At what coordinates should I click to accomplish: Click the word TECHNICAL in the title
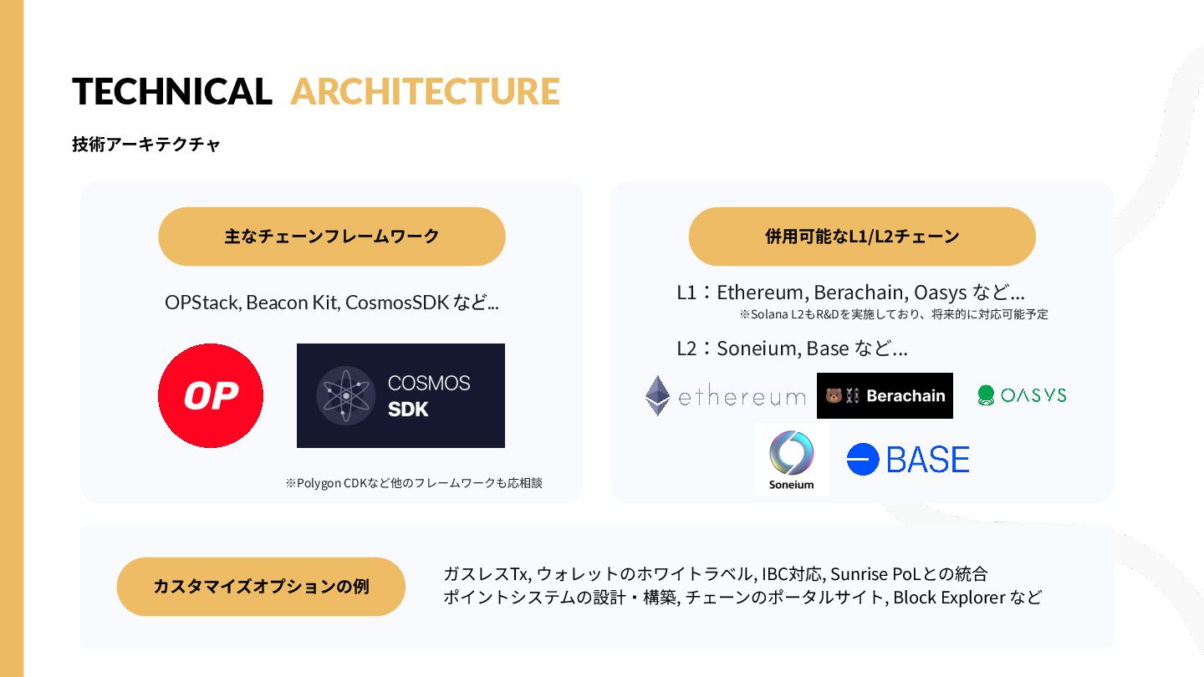click(x=172, y=91)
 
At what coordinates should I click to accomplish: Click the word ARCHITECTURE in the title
click(x=425, y=91)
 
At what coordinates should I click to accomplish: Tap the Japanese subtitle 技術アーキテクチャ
click(x=146, y=144)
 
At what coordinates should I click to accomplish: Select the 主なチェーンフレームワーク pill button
click(x=332, y=237)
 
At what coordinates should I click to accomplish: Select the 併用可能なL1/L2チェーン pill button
click(x=862, y=237)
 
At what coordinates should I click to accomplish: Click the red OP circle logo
click(x=211, y=395)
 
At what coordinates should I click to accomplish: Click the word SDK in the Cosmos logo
click(x=409, y=410)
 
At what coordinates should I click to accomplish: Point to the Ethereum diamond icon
click(x=658, y=395)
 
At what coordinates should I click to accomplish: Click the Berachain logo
click(x=885, y=395)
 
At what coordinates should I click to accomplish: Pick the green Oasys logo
click(x=1022, y=395)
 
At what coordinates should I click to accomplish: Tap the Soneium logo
click(x=792, y=459)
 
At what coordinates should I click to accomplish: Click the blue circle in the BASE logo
click(x=863, y=460)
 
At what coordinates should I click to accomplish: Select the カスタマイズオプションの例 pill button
click(x=261, y=586)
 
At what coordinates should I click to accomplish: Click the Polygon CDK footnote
click(x=414, y=483)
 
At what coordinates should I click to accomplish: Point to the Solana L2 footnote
click(x=893, y=314)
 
